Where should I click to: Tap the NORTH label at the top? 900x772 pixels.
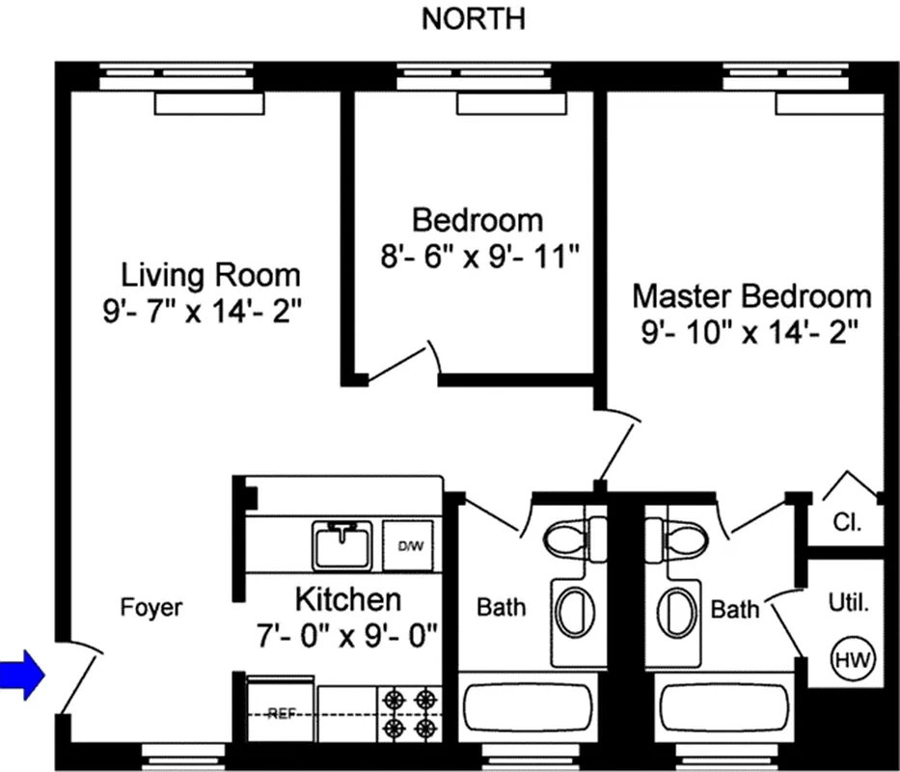[x=473, y=19]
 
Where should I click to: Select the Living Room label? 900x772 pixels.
[x=210, y=275]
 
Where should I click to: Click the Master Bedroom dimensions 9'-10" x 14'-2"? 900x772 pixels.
[x=750, y=333]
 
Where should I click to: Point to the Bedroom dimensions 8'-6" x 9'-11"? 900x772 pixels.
[x=478, y=259]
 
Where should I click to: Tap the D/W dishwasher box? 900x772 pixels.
[x=411, y=546]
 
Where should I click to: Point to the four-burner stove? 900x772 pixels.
[x=408, y=712]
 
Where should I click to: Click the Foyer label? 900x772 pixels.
[x=150, y=608]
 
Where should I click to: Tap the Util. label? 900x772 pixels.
[x=849, y=606]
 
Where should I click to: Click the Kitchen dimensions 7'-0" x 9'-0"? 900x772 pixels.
[x=347, y=635]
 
